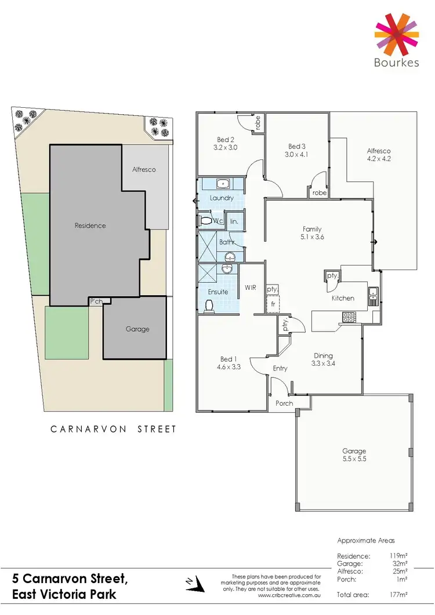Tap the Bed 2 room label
226,140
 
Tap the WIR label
251,287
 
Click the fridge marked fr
271,303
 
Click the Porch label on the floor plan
284,403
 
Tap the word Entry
280,368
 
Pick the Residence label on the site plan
90,225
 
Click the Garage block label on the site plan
137,329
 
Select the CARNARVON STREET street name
113,430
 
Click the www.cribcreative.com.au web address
289,595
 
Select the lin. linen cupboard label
235,221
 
